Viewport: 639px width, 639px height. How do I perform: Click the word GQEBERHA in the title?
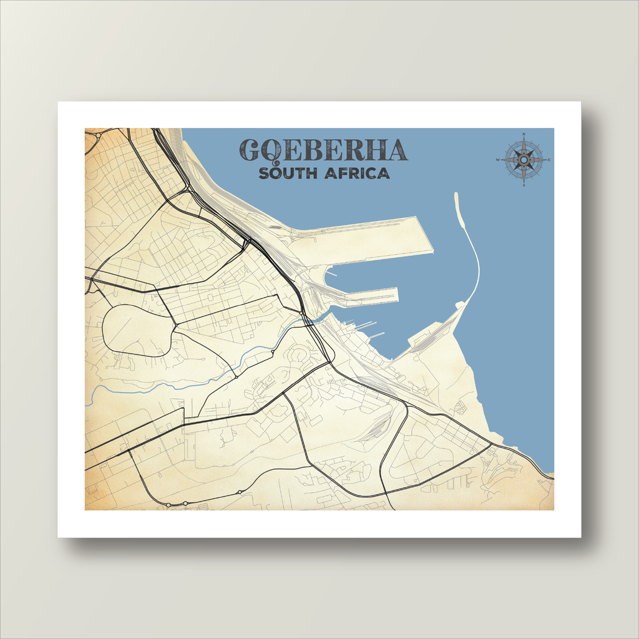click(323, 150)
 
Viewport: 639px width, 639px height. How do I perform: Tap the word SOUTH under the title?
click(288, 173)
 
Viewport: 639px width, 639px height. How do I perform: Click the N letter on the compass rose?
click(524, 134)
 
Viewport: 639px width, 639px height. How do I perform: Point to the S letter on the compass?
click(524, 185)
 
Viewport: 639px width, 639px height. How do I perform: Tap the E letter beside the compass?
click(549, 160)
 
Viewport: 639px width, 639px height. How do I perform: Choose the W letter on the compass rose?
click(498, 160)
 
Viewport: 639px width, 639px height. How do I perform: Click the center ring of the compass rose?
click(524, 160)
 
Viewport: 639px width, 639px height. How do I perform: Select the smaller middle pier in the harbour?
click(368, 295)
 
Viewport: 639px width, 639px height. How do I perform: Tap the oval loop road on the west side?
click(134, 329)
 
